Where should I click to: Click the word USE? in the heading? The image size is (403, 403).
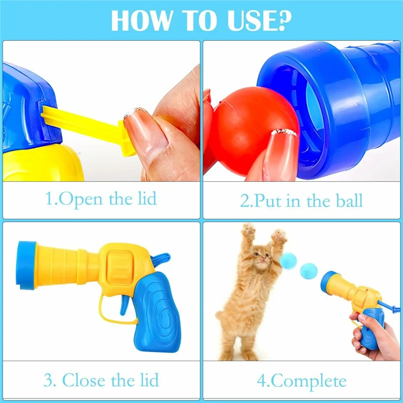pyautogui.click(x=259, y=21)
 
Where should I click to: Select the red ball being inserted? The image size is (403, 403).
pyautogui.click(x=253, y=131)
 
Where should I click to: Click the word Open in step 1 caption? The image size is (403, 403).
pyautogui.click(x=81, y=199)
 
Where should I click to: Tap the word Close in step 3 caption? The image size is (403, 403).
pyautogui.click(x=84, y=380)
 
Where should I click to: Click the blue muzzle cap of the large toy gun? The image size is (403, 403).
pyautogui.click(x=26, y=265)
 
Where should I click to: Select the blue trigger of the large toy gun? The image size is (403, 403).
pyautogui.click(x=125, y=305)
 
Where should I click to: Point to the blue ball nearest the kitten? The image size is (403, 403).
pyautogui.click(x=288, y=261)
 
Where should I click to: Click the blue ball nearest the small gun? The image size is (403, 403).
pyautogui.click(x=309, y=272)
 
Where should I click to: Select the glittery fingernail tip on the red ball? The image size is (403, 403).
pyautogui.click(x=284, y=132)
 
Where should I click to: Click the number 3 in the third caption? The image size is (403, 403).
pyautogui.click(x=49, y=380)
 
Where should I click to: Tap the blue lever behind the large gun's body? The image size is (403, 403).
pyautogui.click(x=161, y=258)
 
